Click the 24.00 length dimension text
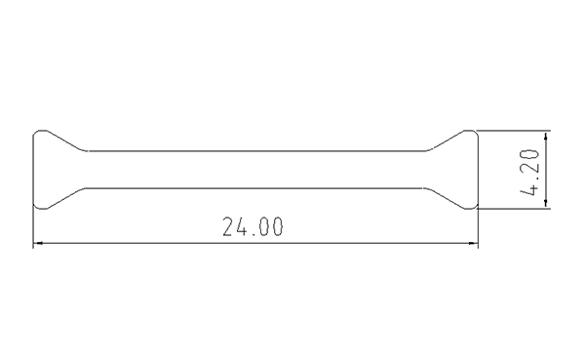click(x=253, y=226)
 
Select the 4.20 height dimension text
click(x=529, y=172)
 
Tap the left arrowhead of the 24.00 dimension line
click(x=38, y=243)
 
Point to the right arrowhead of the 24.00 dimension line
click(x=474, y=243)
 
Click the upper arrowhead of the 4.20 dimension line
click(x=546, y=136)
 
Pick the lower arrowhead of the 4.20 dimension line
click(x=546, y=204)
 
